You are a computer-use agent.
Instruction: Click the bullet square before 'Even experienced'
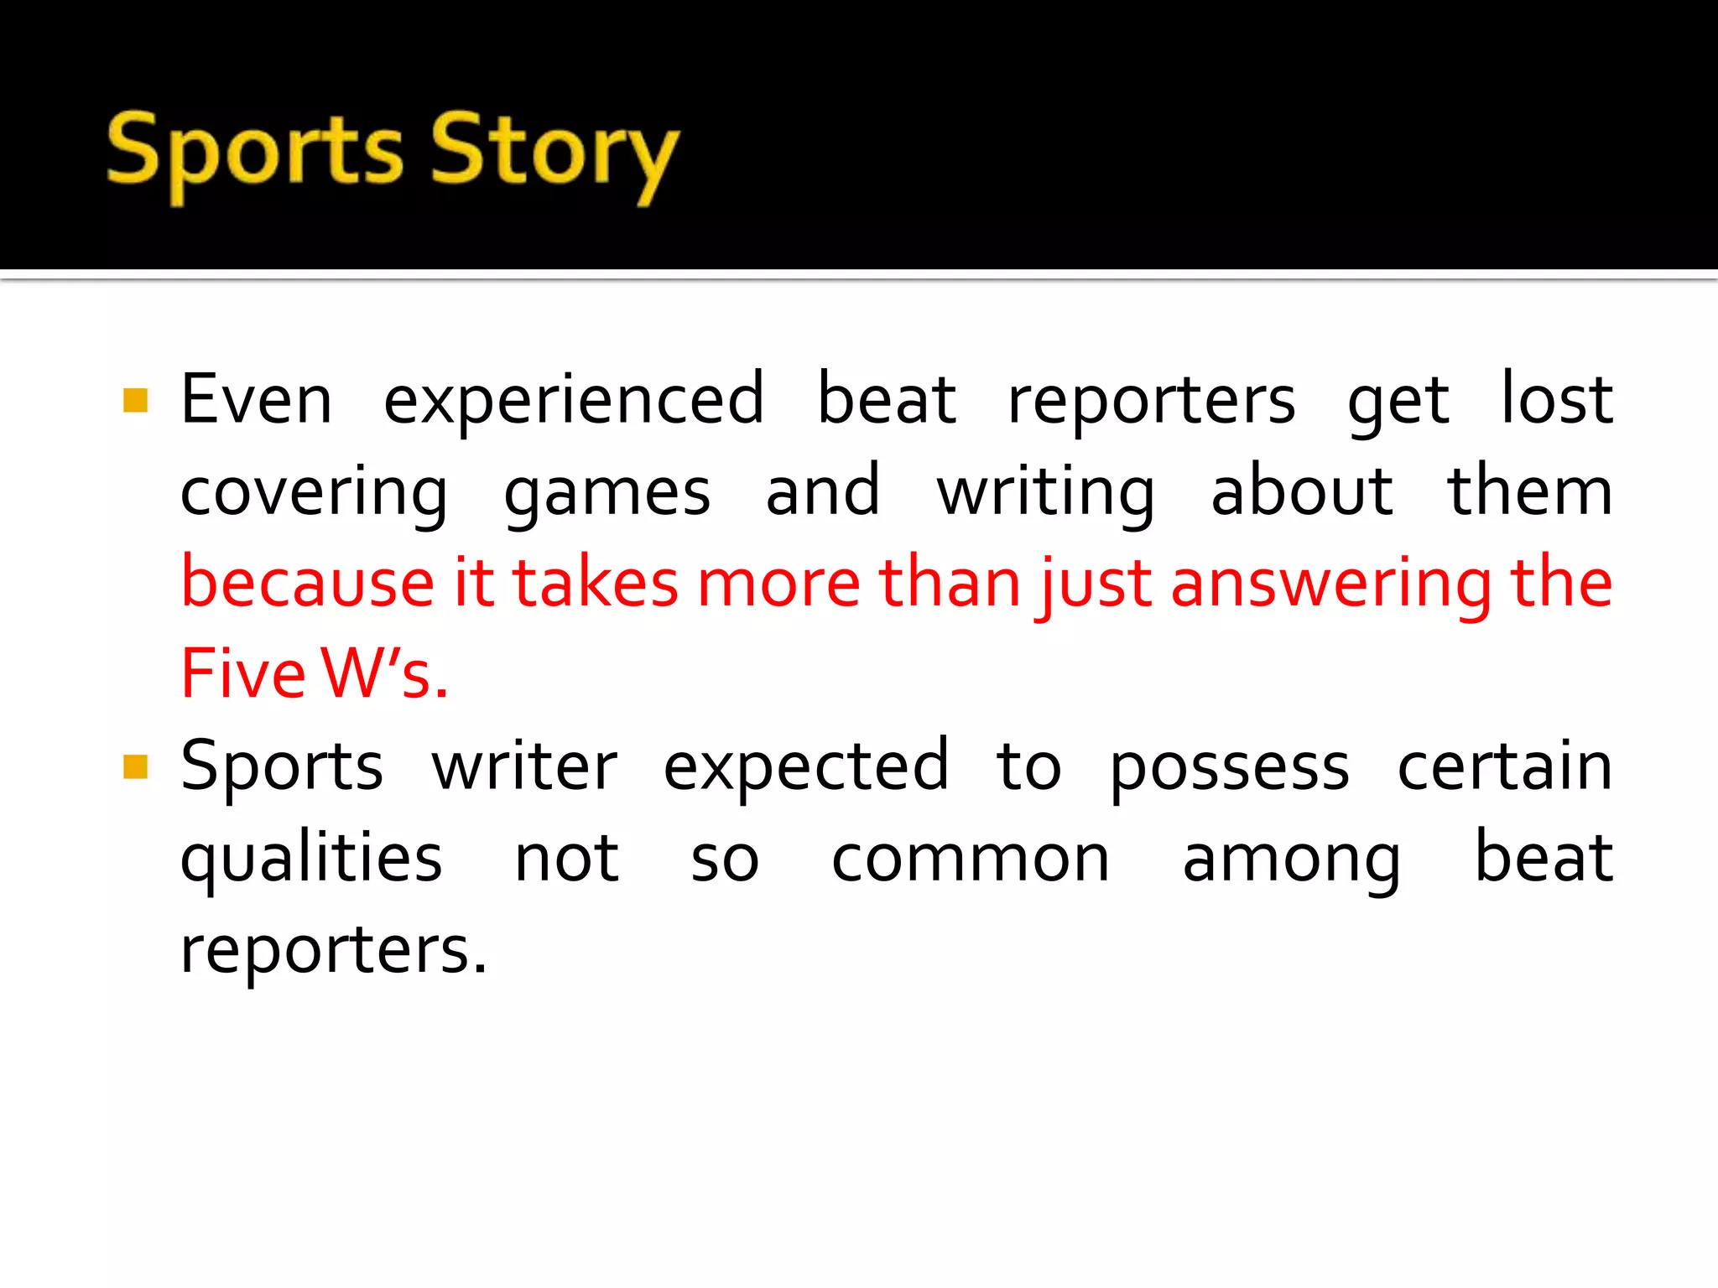point(135,400)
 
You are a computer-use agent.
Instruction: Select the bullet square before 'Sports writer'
point(135,766)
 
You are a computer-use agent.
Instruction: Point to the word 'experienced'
point(574,401)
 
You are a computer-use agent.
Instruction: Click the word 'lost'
point(1556,399)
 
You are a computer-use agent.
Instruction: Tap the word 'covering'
point(314,493)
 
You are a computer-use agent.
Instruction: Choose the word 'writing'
point(1046,493)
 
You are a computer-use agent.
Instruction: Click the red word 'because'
point(307,583)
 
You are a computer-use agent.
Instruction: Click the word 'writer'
point(524,766)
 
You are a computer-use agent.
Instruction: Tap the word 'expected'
point(806,766)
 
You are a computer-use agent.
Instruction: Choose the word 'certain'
point(1504,766)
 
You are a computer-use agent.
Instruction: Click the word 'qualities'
point(311,860)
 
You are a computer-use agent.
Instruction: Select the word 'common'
point(971,860)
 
